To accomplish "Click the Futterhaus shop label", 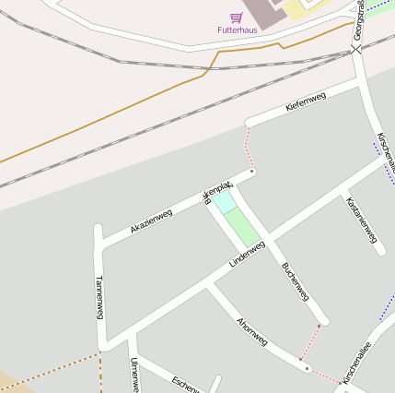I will pyautogui.click(x=237, y=30).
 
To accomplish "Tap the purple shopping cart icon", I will pyautogui.click(x=237, y=18).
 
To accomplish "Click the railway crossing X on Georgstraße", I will pyautogui.click(x=357, y=47).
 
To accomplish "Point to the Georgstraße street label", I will pyautogui.click(x=358, y=20).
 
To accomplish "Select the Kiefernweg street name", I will pyautogui.click(x=306, y=102).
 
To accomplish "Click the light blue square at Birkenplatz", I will pyautogui.click(x=224, y=203).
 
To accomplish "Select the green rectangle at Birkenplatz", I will pyautogui.click(x=242, y=227).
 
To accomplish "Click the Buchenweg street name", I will pyautogui.click(x=295, y=282).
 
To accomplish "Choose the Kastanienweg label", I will pyautogui.click(x=361, y=220).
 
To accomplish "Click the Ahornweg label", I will pyautogui.click(x=251, y=332).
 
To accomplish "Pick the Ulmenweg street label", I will pyautogui.click(x=134, y=375).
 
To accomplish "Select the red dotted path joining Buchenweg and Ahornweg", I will pyautogui.click(x=309, y=342).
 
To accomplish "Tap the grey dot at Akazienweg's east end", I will pyautogui.click(x=252, y=171).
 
